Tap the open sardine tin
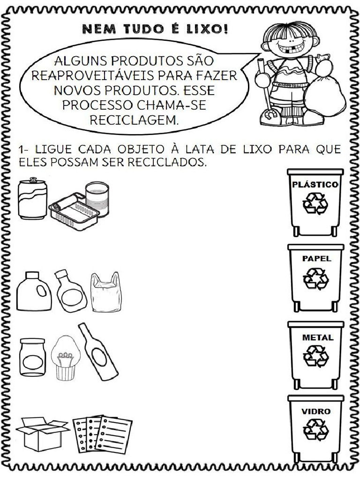(x=74, y=212)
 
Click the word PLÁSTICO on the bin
(x=315, y=185)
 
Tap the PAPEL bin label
(x=317, y=258)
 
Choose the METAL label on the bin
(x=317, y=337)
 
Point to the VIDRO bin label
(x=316, y=412)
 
